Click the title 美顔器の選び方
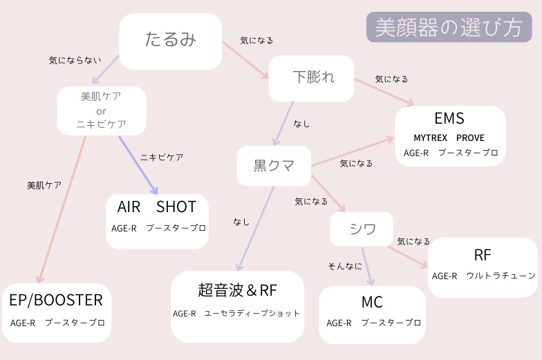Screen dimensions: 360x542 point(449,27)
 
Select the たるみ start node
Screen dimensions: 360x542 point(171,39)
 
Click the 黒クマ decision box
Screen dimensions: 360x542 point(274,165)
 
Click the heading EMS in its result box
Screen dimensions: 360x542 point(449,118)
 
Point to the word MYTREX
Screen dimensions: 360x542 point(431,138)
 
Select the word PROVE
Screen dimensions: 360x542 point(470,138)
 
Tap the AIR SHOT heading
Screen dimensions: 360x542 point(157,207)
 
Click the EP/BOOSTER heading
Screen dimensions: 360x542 point(56,300)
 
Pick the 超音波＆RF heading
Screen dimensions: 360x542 point(237,290)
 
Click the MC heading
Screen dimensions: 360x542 point(372,303)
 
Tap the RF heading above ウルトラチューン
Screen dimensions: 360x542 point(483,255)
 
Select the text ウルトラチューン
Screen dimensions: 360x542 point(501,276)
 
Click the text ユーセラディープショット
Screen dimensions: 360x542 point(252,313)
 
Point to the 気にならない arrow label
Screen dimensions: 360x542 point(75,61)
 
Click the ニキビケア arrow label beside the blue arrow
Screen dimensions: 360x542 point(162,158)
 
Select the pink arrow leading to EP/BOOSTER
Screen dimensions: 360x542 point(61,207)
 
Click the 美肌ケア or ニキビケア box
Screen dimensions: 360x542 point(102,111)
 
